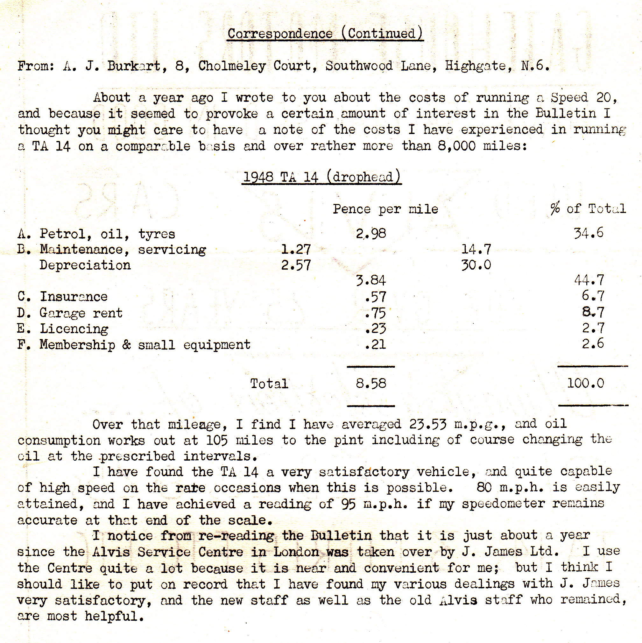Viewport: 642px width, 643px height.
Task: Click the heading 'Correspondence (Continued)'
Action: pyautogui.click(x=325, y=34)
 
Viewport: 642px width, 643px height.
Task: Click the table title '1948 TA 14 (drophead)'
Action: pyautogui.click(x=321, y=177)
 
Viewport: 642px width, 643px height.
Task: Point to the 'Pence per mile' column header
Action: pyautogui.click(x=385, y=209)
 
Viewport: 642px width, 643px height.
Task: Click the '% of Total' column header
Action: pyautogui.click(x=588, y=209)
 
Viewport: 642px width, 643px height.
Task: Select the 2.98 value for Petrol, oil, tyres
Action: pyautogui.click(x=371, y=234)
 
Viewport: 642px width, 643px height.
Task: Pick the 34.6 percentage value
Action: pyautogui.click(x=589, y=233)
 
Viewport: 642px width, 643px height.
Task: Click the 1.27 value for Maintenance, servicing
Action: pyautogui.click(x=296, y=249)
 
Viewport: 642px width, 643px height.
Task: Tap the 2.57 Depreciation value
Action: pyautogui.click(x=296, y=265)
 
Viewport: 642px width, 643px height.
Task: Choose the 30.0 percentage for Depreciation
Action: pyautogui.click(x=476, y=265)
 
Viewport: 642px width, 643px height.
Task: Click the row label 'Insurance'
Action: pyautogui.click(x=74, y=297)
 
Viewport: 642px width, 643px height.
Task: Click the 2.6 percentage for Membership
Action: pyautogui.click(x=593, y=343)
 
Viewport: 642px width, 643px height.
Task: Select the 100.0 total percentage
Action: pyautogui.click(x=585, y=383)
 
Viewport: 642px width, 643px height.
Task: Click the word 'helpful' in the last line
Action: pyautogui.click(x=114, y=616)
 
